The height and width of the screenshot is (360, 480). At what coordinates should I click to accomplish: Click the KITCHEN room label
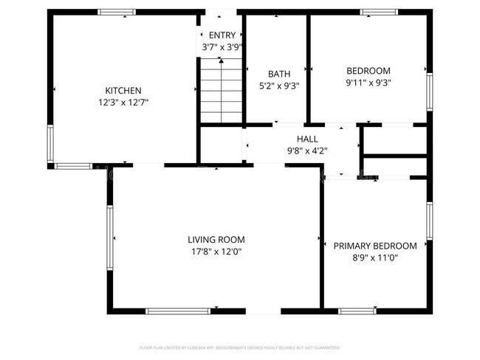[123, 90]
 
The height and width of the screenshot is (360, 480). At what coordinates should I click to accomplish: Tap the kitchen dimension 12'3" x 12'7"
[123, 103]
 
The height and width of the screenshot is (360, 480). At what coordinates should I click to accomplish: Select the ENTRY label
[222, 35]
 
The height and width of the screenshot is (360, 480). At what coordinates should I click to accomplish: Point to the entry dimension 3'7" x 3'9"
[222, 47]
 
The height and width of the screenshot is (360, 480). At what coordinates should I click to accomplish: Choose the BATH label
[279, 74]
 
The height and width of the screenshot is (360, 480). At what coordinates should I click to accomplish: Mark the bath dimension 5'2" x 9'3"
[279, 86]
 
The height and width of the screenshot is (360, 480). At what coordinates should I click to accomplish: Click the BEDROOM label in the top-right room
[368, 71]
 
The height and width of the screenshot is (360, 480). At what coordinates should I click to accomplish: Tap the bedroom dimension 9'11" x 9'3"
[368, 83]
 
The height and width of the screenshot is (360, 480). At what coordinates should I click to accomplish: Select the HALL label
[307, 139]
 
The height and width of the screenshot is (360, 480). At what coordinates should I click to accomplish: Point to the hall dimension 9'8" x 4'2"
[307, 150]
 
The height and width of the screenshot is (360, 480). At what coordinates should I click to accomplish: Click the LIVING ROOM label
[216, 240]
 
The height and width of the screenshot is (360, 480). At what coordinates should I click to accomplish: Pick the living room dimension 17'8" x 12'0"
[216, 252]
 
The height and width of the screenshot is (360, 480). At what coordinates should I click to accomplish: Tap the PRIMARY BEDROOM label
[375, 246]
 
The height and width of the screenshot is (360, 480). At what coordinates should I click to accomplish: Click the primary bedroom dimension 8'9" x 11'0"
[375, 258]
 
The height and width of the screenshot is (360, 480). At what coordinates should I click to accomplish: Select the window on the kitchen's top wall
[117, 12]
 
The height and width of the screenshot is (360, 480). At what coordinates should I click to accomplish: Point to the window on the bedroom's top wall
[380, 12]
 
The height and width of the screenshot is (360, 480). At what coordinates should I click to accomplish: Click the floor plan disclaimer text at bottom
[240, 347]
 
